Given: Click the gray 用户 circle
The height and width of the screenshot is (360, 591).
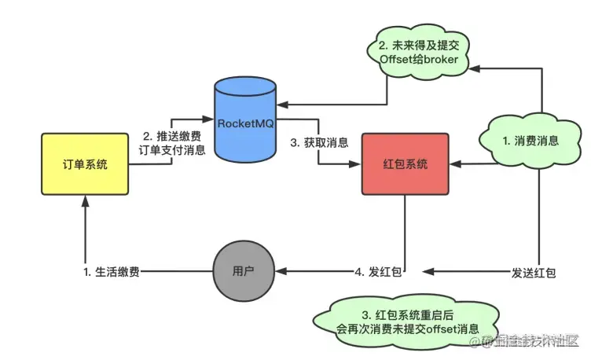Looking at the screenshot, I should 245,272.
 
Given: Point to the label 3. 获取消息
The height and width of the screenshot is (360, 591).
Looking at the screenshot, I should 318,143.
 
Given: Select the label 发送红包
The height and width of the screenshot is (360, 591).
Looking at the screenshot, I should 534,273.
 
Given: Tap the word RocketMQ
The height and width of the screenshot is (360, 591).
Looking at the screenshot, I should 244,122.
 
